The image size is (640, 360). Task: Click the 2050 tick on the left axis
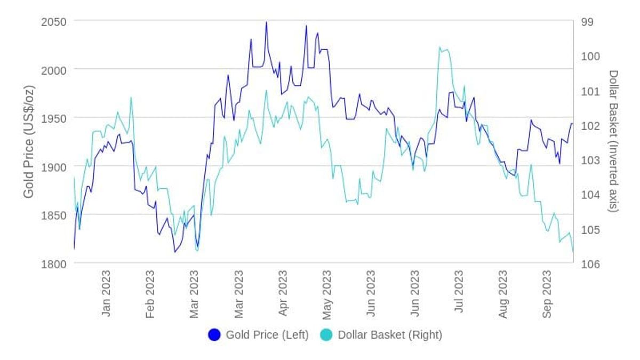click(54, 22)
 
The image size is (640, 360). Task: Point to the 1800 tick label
click(54, 265)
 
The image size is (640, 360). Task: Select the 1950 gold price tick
click(54, 118)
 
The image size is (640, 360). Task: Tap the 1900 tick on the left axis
click(54, 167)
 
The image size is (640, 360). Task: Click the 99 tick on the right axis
click(587, 22)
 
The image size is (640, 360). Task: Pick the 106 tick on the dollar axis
click(590, 265)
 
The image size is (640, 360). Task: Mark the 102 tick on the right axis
click(590, 126)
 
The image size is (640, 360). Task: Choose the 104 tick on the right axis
click(590, 195)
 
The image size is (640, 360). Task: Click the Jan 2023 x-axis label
click(106, 293)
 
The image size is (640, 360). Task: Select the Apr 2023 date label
click(283, 293)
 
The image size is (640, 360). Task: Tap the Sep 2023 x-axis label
click(547, 294)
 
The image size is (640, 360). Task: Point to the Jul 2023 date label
click(459, 291)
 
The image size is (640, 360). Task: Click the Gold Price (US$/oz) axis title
click(29, 142)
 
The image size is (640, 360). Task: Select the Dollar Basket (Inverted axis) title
click(613, 141)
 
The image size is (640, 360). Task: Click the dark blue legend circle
click(214, 335)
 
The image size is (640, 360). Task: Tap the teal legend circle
click(326, 335)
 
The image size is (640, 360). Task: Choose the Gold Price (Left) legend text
click(267, 335)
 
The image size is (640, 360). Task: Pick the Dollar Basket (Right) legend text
click(390, 335)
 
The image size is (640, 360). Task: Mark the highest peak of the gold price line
click(267, 22)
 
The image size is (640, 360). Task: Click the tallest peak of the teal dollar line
click(439, 47)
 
